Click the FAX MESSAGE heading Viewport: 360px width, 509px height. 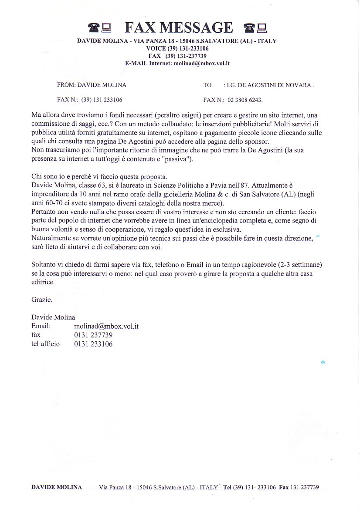tap(179, 27)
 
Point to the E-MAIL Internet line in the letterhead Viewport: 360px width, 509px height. tap(177, 63)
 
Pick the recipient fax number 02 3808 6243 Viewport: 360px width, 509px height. tap(245, 100)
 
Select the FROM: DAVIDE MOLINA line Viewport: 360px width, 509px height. tap(92, 85)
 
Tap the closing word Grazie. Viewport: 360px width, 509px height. tap(42, 300)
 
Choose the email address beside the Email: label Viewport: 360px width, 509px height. tap(106, 326)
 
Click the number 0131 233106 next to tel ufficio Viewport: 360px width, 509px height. tap(93, 344)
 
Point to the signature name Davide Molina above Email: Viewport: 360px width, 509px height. tap(53, 317)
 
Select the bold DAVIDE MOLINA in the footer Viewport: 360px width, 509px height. tap(57, 487)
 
